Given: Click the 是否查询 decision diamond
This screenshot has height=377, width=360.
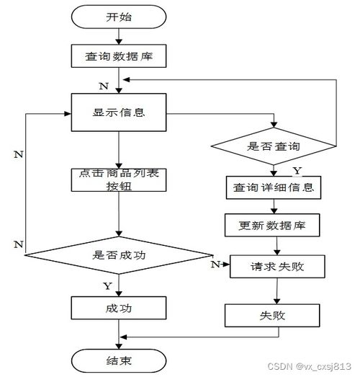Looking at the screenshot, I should [273, 146].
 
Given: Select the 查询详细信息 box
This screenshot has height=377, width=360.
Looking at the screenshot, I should [273, 189].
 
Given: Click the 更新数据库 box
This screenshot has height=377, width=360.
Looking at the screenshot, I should [273, 226].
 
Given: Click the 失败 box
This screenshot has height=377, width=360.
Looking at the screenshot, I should [273, 316].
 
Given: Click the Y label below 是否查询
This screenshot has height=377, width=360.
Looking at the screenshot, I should [295, 171].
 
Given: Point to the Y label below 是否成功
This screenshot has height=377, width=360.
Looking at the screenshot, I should [108, 285].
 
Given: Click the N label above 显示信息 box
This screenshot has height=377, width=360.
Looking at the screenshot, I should [104, 87].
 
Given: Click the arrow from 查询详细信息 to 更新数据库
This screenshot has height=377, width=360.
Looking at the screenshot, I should [273, 207].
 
